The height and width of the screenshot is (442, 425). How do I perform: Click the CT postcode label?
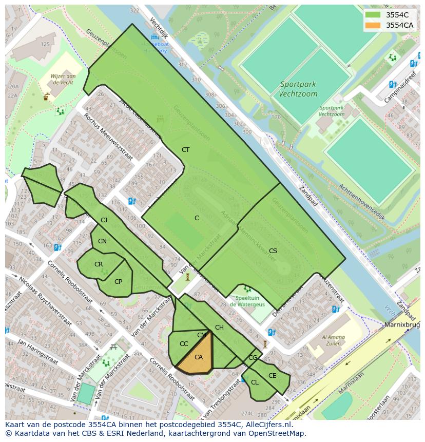(x=185, y=150)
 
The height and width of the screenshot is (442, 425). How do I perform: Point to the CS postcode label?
(x=273, y=251)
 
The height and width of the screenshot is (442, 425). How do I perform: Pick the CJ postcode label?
(x=104, y=220)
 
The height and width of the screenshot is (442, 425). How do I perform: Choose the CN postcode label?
(x=102, y=241)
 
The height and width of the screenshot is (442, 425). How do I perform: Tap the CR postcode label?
(x=98, y=264)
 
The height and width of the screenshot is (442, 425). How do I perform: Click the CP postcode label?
(x=118, y=281)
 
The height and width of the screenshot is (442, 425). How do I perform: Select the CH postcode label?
(x=219, y=328)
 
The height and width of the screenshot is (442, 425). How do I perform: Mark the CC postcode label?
(x=183, y=344)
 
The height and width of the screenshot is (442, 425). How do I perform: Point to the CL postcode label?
(x=255, y=382)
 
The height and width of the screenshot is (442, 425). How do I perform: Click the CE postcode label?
(x=272, y=376)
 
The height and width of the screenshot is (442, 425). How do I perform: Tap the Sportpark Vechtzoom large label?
(x=298, y=89)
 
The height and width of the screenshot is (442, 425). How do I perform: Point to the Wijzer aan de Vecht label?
(x=63, y=79)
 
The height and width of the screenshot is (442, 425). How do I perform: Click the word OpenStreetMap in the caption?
(x=280, y=433)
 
